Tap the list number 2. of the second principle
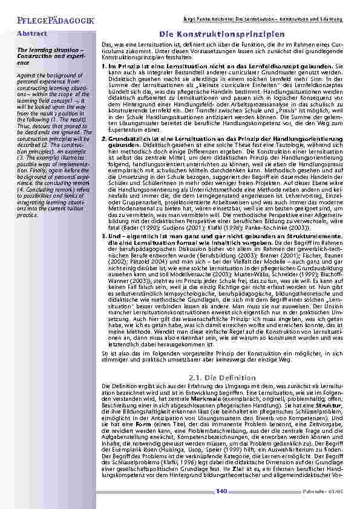click(103, 139)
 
